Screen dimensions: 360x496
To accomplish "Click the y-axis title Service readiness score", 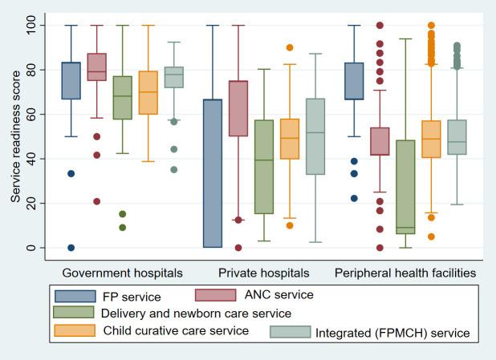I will tap(15, 136).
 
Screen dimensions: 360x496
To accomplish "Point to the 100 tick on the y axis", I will tap(30, 26).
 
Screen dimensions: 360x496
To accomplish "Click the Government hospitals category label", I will tap(122, 273).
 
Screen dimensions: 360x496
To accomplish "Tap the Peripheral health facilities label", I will tap(405, 273).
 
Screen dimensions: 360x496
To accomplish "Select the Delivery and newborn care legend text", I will tap(196, 313).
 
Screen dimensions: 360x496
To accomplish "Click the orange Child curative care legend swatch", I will tap(75, 330).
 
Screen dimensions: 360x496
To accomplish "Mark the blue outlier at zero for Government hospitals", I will tap(71, 248).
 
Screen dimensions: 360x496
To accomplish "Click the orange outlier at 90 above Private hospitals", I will tap(290, 48).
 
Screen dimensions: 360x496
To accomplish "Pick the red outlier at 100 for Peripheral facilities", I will tap(380, 26).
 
